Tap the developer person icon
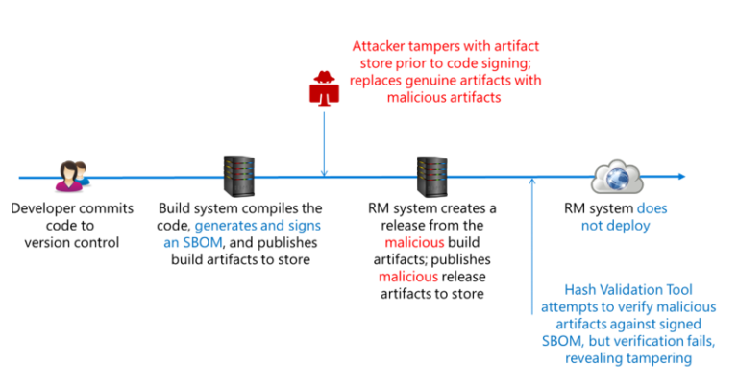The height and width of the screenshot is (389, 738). [71, 175]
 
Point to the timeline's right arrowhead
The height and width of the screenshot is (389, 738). [680, 177]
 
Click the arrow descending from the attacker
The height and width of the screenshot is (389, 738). [325, 144]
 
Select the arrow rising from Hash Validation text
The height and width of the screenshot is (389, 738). [532, 231]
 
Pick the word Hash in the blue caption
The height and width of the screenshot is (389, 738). [580, 288]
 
